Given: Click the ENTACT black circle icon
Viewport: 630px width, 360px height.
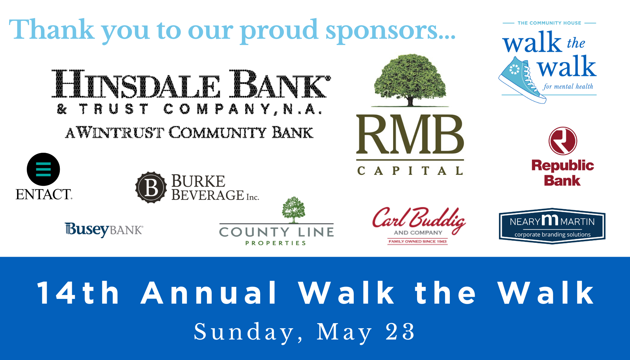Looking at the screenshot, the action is pyautogui.click(x=43, y=169).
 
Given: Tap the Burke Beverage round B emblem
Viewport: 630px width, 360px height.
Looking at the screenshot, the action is pyautogui.click(x=151, y=187).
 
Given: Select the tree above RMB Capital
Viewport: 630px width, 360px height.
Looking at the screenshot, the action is pyautogui.click(x=410, y=80).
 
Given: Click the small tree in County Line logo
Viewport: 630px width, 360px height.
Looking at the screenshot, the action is pyautogui.click(x=294, y=210).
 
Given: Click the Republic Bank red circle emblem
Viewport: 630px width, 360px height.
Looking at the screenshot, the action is pyautogui.click(x=563, y=141).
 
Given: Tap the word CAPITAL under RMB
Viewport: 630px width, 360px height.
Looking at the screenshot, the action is pyautogui.click(x=410, y=171).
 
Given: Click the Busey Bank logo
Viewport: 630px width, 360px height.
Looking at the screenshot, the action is pyautogui.click(x=104, y=230).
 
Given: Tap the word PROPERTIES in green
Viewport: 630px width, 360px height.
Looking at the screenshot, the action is pyautogui.click(x=276, y=243).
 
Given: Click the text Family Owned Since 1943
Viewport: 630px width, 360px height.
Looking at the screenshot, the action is pyautogui.click(x=417, y=242).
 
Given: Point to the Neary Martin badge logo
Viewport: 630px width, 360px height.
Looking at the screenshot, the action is pyautogui.click(x=552, y=226).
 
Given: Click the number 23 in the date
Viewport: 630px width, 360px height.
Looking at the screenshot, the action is pyautogui.click(x=400, y=332).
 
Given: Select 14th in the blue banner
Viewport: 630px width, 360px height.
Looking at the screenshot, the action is pyautogui.click(x=78, y=293).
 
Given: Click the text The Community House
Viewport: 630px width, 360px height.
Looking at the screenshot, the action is pyautogui.click(x=549, y=23).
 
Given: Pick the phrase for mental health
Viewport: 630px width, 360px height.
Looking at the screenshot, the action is pyautogui.click(x=568, y=86).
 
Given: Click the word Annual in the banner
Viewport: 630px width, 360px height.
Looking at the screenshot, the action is pyautogui.click(x=209, y=293).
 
